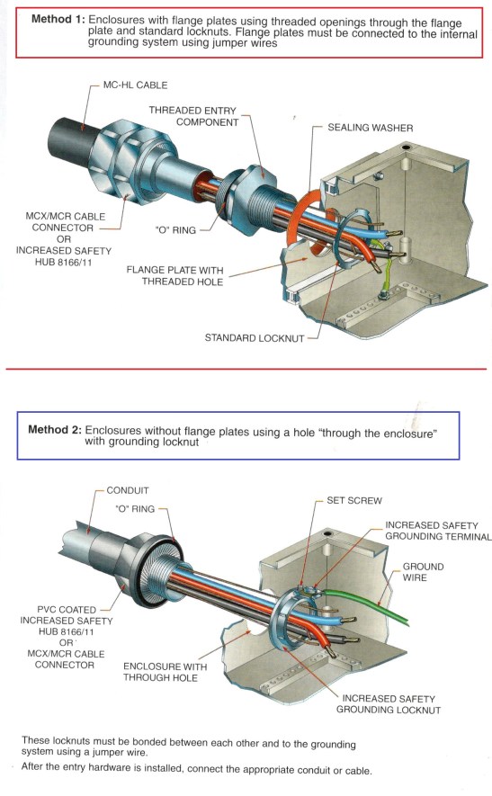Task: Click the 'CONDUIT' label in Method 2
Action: (128, 491)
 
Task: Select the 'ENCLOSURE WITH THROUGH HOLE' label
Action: (165, 672)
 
